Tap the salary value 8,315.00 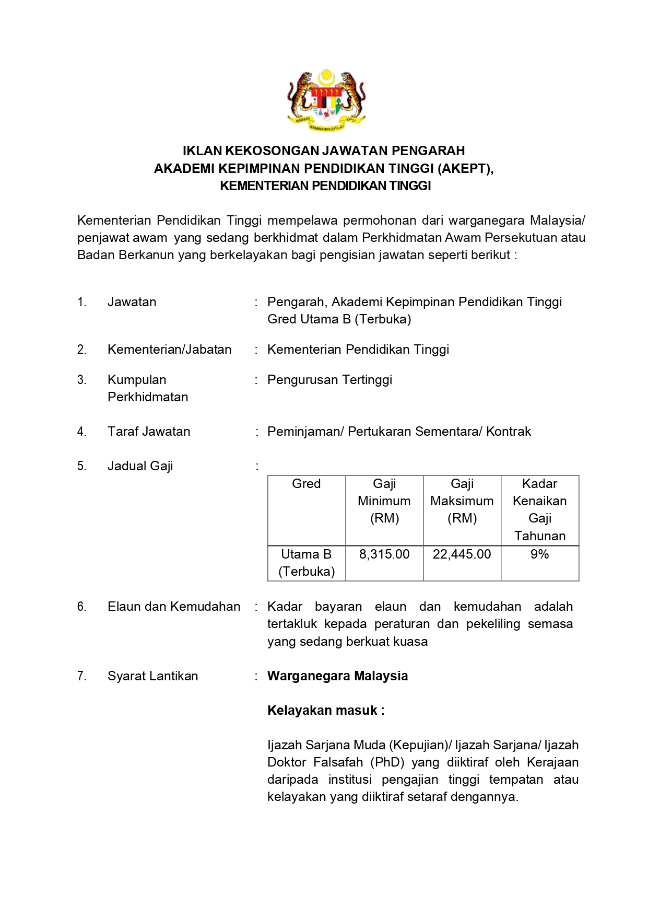coord(384,554)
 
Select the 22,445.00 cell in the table coord(462,554)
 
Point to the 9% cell coord(539,554)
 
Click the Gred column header coord(306,484)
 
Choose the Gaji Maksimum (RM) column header coord(462,501)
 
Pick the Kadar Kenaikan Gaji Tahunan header coord(539,509)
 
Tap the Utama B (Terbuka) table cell coord(306,563)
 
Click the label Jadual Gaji coord(140,466)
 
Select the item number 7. coord(81,676)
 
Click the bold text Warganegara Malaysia coord(337,676)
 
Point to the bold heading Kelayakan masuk coord(325,711)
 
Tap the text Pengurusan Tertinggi coord(329,380)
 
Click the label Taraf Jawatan coord(149,432)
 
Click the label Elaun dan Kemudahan coord(174,607)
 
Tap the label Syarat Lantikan coord(152,676)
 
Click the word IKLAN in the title coord(202,151)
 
